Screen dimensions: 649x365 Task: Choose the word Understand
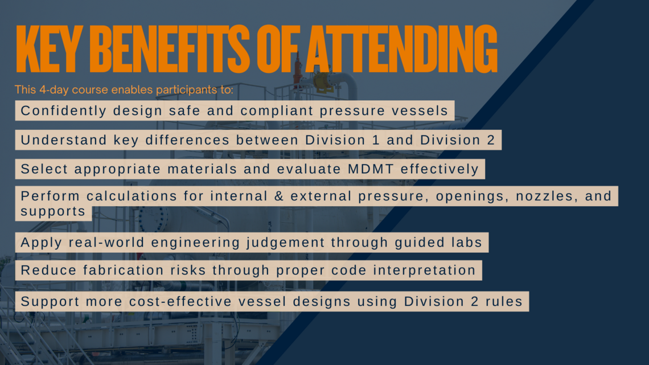click(64, 140)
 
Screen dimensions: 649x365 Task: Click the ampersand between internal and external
click(279, 196)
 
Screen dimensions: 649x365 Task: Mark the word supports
click(53, 211)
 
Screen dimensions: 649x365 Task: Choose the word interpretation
click(425, 270)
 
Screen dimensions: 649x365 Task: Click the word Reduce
click(48, 270)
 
